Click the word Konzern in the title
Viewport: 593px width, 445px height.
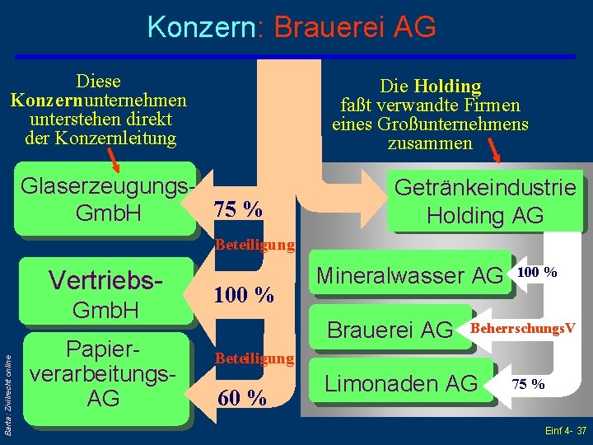(x=202, y=27)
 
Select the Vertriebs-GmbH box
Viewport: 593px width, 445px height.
(x=108, y=294)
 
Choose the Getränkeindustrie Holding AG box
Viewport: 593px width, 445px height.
(x=484, y=202)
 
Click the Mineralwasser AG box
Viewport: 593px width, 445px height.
(x=409, y=274)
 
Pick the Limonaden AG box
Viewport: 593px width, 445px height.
(x=401, y=383)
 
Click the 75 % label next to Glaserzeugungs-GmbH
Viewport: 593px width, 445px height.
(x=238, y=209)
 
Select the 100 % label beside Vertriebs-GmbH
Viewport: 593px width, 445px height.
(x=244, y=294)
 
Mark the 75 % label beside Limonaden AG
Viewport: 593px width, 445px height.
(x=527, y=384)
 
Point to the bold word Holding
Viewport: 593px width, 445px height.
(x=447, y=86)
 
